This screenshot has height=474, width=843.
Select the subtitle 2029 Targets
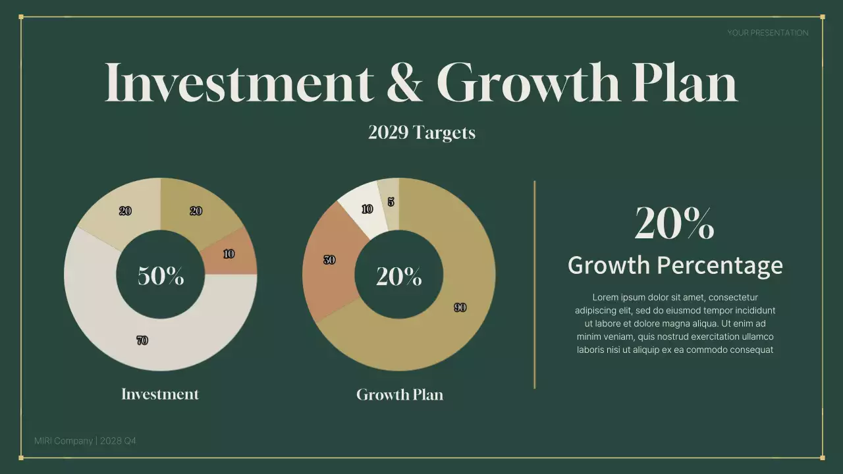(421, 133)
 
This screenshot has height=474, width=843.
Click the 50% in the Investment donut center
(161, 276)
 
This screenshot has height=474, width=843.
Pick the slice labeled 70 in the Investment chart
(142, 340)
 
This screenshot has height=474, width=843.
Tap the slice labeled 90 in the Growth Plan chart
(460, 307)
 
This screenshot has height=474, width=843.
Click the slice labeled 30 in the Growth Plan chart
(329, 260)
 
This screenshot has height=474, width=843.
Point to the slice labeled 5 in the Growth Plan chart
(390, 202)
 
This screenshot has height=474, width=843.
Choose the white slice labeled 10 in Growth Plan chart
(366, 209)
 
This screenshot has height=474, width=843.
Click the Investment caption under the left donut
(160, 394)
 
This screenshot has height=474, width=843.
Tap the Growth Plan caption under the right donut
(400, 395)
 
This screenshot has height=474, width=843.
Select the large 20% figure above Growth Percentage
(674, 223)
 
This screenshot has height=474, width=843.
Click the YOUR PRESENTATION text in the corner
(767, 33)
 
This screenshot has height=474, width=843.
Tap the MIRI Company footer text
(64, 440)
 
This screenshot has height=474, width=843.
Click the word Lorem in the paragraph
(606, 298)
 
